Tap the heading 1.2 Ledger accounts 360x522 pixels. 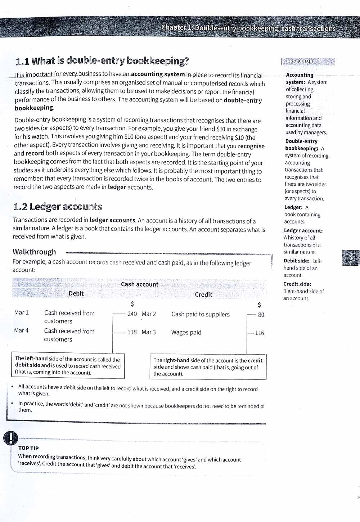[x=58, y=207]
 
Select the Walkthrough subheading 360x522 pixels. [x=34, y=252]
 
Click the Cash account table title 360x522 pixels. [x=139, y=284]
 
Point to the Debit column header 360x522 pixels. [x=76, y=293]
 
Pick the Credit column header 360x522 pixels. [x=203, y=294]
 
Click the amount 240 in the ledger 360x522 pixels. [x=132, y=314]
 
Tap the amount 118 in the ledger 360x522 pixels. [x=132, y=332]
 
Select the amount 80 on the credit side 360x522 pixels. [x=261, y=315]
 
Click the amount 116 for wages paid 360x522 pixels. [x=260, y=333]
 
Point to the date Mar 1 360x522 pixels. [x=21, y=312]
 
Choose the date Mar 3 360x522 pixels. [x=149, y=332]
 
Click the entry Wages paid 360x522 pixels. [x=186, y=332]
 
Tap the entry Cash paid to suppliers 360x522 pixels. [x=200, y=314]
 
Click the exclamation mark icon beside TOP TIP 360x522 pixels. [x=11, y=438]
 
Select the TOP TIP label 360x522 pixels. [x=28, y=448]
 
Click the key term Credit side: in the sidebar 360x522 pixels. [x=297, y=284]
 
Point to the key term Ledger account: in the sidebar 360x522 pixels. [x=303, y=231]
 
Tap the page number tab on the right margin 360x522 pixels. [x=350, y=258]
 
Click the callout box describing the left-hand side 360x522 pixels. [x=68, y=365]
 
